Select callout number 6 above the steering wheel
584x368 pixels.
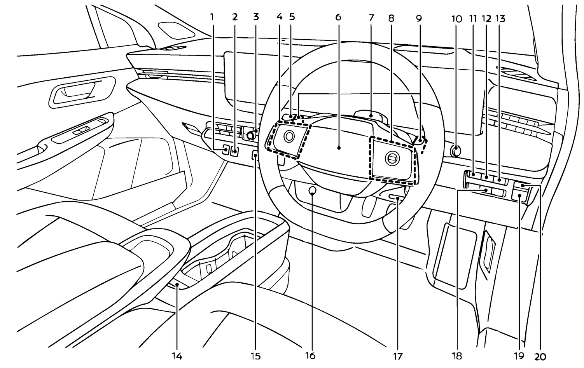coord(337,17)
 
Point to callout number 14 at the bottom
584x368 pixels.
coord(177,355)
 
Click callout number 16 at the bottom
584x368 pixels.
coord(311,355)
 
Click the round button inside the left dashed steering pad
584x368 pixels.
coord(289,136)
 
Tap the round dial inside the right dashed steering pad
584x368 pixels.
coord(390,158)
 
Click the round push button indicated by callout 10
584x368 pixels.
coord(456,149)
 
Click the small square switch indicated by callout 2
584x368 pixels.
coord(235,150)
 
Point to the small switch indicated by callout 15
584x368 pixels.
coord(255,156)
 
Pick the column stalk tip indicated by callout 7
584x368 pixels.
coord(372,115)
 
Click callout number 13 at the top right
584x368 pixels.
coord(500,18)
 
